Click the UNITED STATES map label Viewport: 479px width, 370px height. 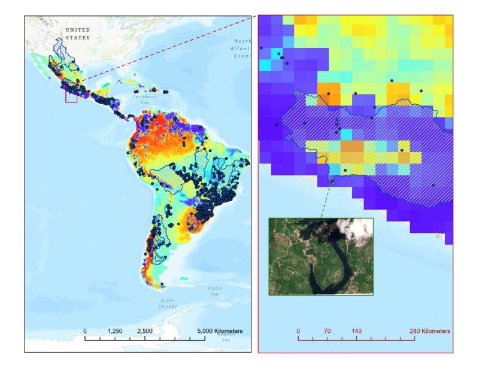tap(78, 34)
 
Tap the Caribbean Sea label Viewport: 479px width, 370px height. tap(144, 99)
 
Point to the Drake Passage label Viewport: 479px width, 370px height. tap(167, 303)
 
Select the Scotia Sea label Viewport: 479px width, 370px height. tap(214, 290)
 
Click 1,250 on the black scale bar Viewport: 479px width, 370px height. tap(115, 331)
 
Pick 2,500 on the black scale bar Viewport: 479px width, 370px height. tap(145, 331)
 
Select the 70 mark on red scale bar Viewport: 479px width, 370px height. tap(327, 331)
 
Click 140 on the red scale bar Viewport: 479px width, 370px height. tap(356, 331)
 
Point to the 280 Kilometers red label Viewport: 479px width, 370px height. tap(429, 331)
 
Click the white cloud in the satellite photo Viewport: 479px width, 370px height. tap(354, 231)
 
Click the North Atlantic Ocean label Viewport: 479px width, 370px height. tap(242, 48)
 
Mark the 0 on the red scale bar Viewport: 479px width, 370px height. tap(298, 331)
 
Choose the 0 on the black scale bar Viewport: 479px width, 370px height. tap(85, 331)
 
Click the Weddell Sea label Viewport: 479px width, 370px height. tap(225, 337)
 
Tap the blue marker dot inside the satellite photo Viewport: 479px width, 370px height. tap(329, 236)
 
